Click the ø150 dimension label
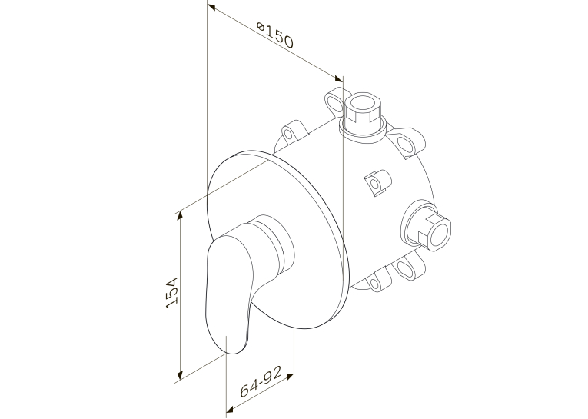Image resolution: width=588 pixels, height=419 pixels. click(275, 35)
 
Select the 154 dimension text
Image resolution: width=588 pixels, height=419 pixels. click(171, 293)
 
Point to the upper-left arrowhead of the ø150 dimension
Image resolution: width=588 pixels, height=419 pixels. click(211, 7)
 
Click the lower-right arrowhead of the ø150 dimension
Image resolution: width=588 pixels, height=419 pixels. click(338, 78)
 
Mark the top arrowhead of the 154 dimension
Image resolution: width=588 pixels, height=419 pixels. click(180, 215)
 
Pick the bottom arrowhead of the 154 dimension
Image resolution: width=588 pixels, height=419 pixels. click(180, 374)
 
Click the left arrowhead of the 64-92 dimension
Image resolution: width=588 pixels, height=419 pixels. click(231, 408)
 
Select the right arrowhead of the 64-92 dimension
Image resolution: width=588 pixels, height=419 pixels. click(290, 376)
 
